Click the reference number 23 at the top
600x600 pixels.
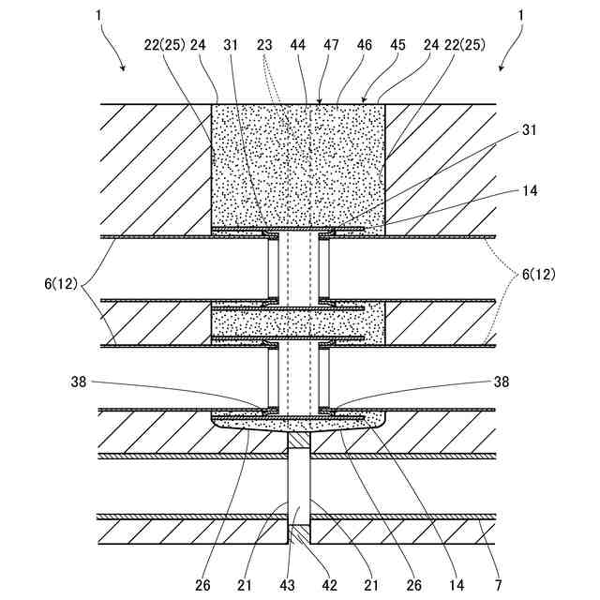coord(263,43)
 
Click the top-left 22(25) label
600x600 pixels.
coord(164,43)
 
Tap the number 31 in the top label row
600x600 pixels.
coord(232,43)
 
